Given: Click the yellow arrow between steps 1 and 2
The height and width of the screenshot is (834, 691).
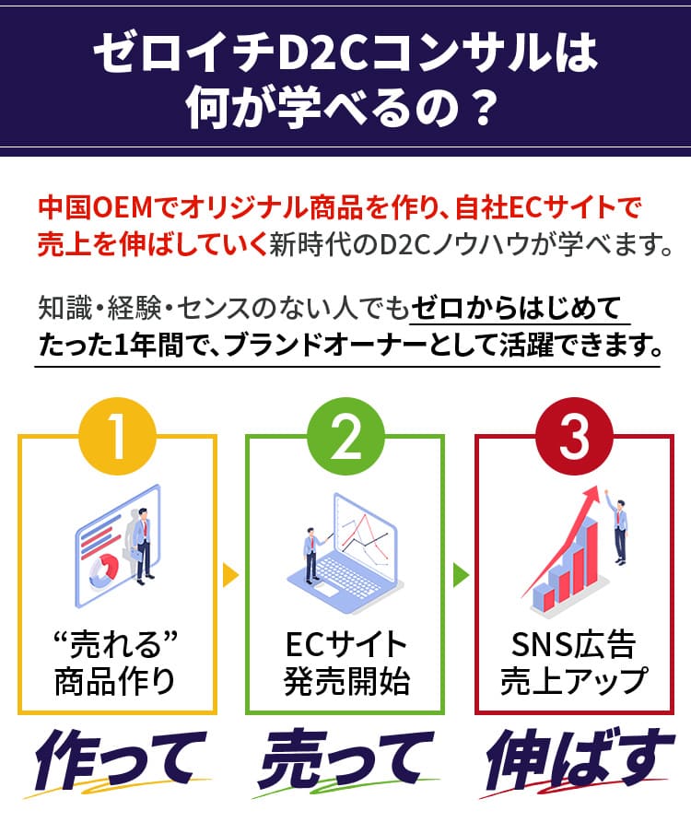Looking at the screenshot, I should (230, 577).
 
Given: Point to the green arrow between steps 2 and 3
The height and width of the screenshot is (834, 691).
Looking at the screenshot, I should (460, 577).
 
